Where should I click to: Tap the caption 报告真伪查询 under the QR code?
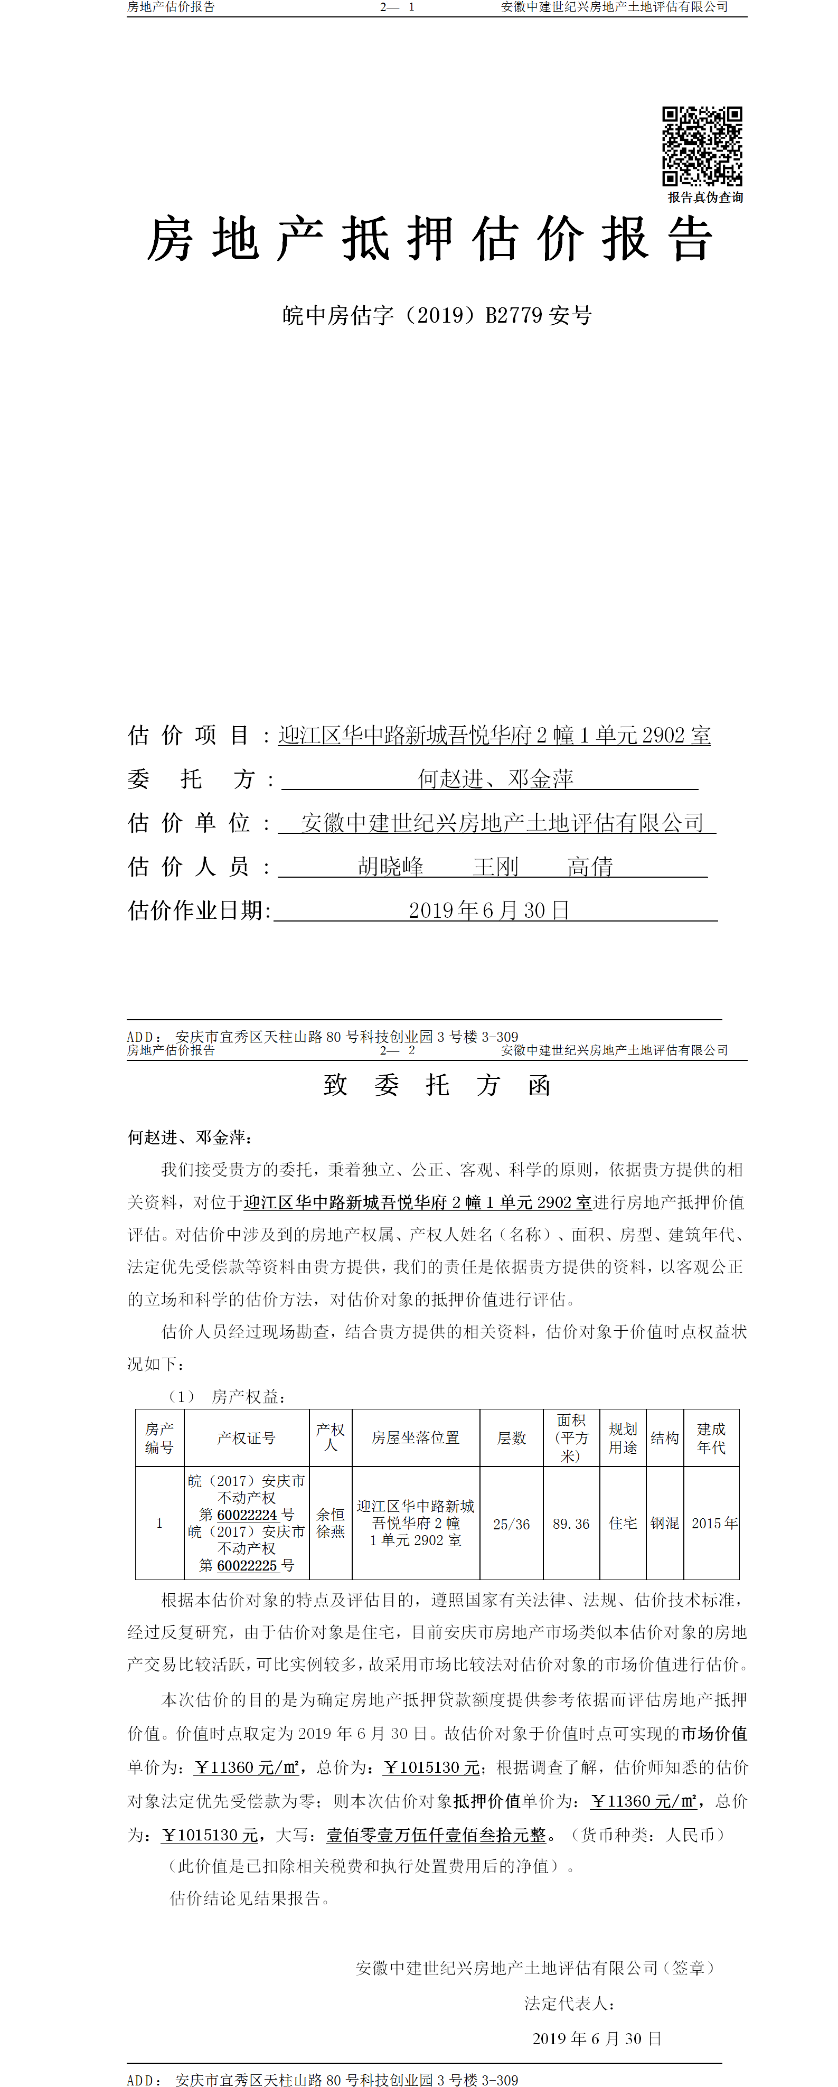coord(705,197)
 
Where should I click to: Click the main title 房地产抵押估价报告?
coord(429,239)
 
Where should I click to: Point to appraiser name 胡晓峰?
coord(391,867)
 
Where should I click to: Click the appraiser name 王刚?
coord(495,867)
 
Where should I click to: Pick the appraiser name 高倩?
coord(590,867)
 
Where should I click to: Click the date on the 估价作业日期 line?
coord(488,910)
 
